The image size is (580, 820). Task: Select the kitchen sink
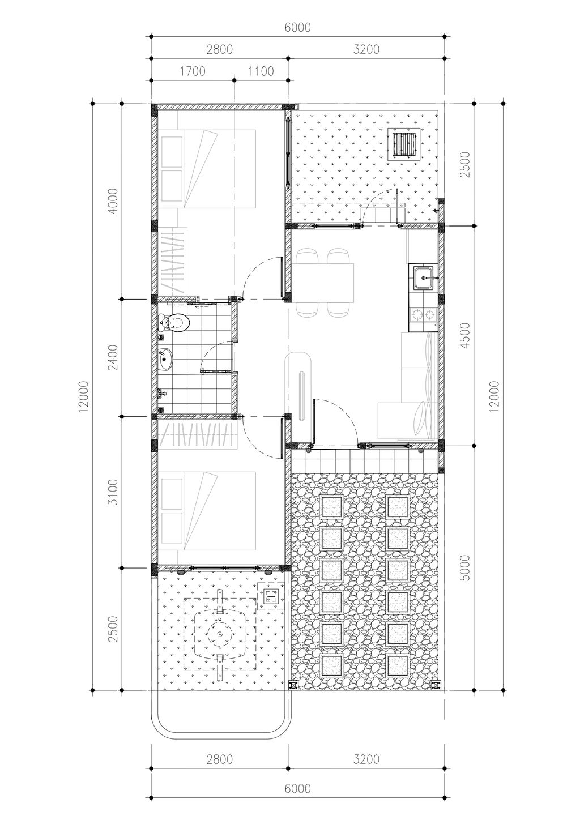pyautogui.click(x=424, y=278)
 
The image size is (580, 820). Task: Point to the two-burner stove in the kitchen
pyautogui.click(x=423, y=314)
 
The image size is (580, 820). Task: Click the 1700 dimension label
pyautogui.click(x=193, y=71)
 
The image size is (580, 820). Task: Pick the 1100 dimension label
pyautogui.click(x=261, y=71)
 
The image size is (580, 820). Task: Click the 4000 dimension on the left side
pyautogui.click(x=114, y=201)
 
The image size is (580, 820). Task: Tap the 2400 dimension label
pyautogui.click(x=114, y=357)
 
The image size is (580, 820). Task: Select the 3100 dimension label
pyautogui.click(x=114, y=492)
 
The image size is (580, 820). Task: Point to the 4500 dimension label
pyautogui.click(x=464, y=335)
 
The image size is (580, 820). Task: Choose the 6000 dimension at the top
pyautogui.click(x=298, y=27)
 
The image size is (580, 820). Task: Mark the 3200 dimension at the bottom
pyautogui.click(x=366, y=759)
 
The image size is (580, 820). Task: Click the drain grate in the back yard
pyautogui.click(x=404, y=144)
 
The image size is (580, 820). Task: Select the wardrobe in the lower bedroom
pyautogui.click(x=198, y=435)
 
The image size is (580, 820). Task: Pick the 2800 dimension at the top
pyautogui.click(x=220, y=49)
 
